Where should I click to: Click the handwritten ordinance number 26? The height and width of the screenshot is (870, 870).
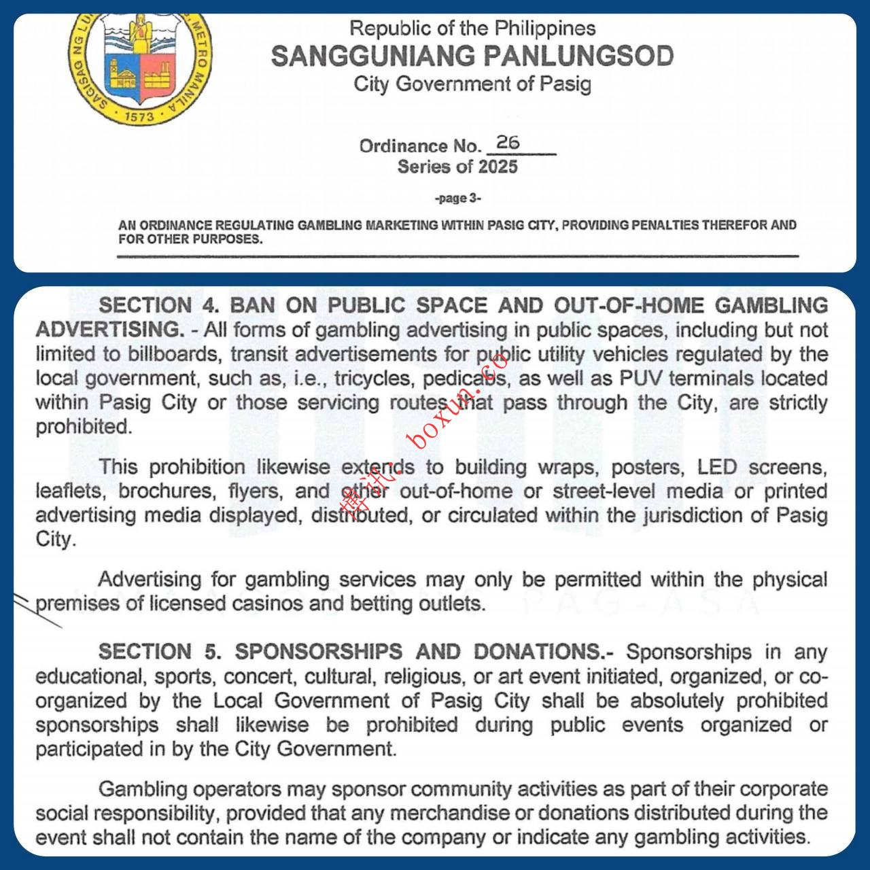508,143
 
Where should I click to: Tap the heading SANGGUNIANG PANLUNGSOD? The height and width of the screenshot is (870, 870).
472,56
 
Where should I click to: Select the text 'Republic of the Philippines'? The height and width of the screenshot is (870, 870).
472,29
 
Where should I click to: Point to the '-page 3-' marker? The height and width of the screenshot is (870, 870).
457,198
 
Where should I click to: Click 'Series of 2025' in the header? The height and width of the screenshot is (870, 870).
457,167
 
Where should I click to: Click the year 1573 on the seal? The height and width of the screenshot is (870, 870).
140,116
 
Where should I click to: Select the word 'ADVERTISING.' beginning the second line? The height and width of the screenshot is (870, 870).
109,330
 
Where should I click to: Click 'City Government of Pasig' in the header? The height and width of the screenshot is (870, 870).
472,84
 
